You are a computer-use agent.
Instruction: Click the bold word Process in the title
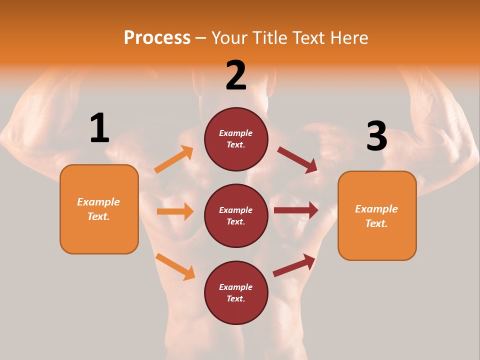pyautogui.click(x=157, y=38)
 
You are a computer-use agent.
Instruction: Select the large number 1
pyautogui.click(x=99, y=128)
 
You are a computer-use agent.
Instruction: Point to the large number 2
pyautogui.click(x=236, y=75)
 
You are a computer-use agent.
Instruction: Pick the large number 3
pyautogui.click(x=376, y=136)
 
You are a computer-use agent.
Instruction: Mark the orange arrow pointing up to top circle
pyautogui.click(x=174, y=159)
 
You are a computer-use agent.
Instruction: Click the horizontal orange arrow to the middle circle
pyautogui.click(x=175, y=211)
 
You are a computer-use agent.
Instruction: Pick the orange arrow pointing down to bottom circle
pyautogui.click(x=175, y=266)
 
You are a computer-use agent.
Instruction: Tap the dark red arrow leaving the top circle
pyautogui.click(x=297, y=160)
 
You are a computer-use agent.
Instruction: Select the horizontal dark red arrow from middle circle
pyautogui.click(x=296, y=210)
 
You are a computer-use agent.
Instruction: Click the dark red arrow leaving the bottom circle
pyautogui.click(x=294, y=265)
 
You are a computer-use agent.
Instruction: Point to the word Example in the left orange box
pyautogui.click(x=98, y=202)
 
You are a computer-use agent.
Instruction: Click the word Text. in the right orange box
pyautogui.click(x=376, y=223)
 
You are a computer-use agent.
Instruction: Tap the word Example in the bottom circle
pyautogui.click(x=236, y=287)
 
